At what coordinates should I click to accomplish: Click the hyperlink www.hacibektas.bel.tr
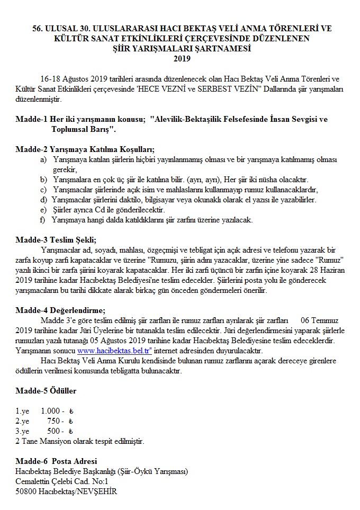click(114, 351)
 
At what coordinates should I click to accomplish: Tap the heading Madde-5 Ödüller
click(46, 391)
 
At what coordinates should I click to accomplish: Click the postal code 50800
click(26, 491)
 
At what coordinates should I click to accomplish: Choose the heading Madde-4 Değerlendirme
click(60, 310)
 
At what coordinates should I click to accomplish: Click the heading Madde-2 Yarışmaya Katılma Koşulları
click(88, 149)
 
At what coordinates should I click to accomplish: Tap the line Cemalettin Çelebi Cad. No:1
click(61, 481)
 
